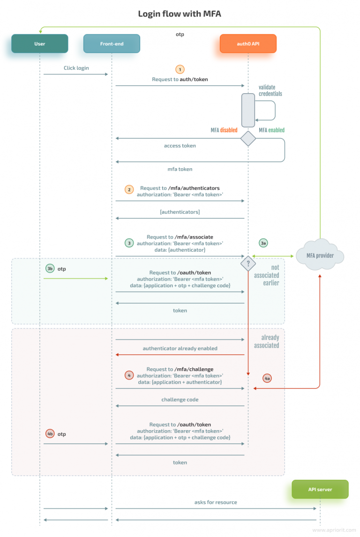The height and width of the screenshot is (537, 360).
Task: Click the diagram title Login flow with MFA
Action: click(180, 14)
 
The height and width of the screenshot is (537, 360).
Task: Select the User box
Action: click(40, 44)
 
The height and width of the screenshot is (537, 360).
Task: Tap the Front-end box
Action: click(112, 44)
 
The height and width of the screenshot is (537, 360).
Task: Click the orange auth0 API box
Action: click(248, 44)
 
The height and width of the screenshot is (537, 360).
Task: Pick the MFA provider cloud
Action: click(320, 256)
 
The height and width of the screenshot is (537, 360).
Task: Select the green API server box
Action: click(320, 489)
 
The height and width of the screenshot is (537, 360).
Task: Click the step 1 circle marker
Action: click(180, 68)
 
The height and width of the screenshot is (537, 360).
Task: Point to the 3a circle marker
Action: click(263, 243)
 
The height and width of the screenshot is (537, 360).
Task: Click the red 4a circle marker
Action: click(267, 378)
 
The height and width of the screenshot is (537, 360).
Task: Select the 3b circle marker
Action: click(50, 268)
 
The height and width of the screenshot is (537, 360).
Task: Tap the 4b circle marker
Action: click(50, 434)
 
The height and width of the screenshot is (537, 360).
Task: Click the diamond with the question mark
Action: click(248, 263)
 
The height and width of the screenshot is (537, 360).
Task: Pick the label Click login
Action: click(76, 68)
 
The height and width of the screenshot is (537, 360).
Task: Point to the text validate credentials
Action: click(270, 90)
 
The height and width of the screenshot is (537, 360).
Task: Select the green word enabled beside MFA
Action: click(276, 130)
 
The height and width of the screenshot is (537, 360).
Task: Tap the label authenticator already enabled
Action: click(180, 348)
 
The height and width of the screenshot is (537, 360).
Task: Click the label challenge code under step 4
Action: click(180, 400)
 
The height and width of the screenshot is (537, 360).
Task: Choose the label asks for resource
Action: click(216, 502)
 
